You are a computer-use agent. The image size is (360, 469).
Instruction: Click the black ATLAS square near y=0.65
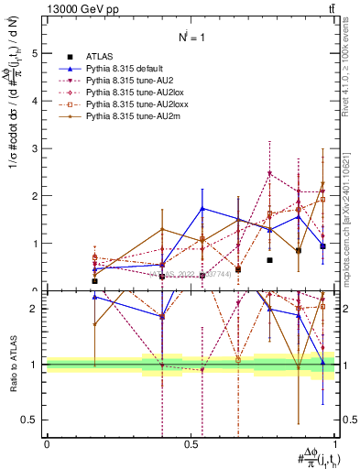pos(269,260)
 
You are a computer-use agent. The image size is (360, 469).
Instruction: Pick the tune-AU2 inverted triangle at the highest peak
pos(269,173)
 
